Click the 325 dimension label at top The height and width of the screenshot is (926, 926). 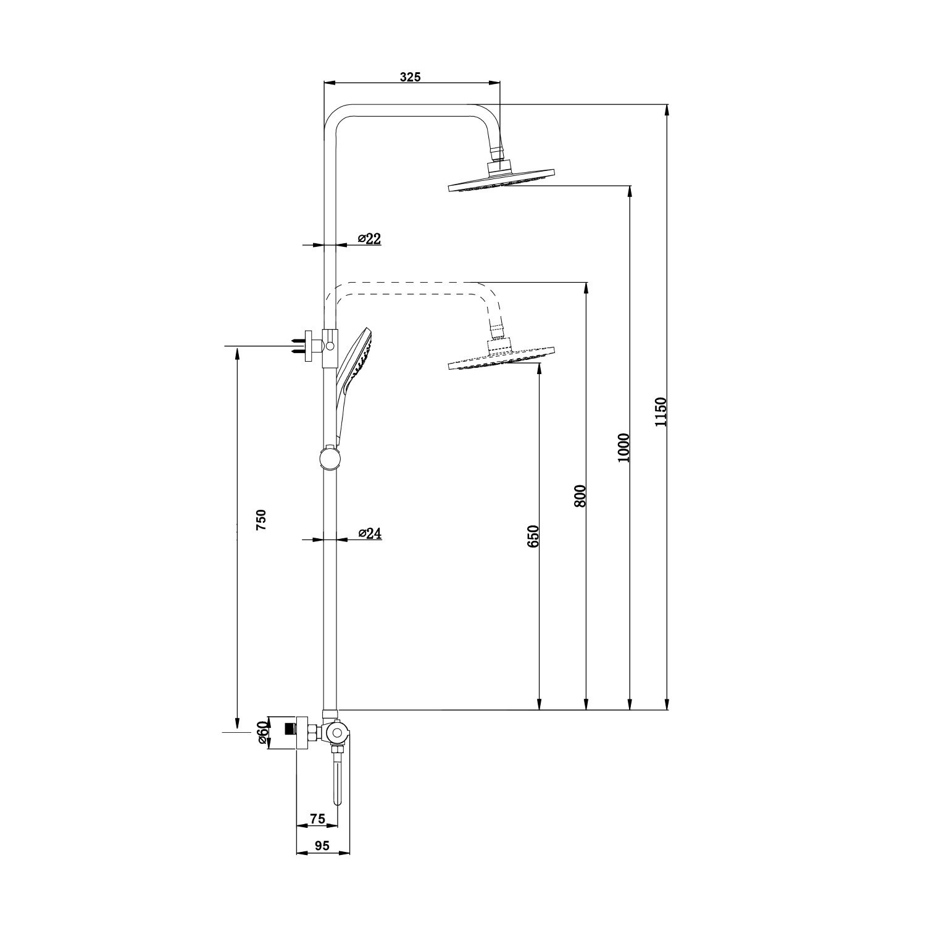pyautogui.click(x=410, y=77)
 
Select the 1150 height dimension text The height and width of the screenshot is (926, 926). pyautogui.click(x=661, y=412)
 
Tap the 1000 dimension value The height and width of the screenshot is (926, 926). pyautogui.click(x=624, y=448)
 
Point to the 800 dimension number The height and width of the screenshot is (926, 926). pyautogui.click(x=580, y=496)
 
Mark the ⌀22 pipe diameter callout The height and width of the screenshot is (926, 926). pyautogui.click(x=369, y=239)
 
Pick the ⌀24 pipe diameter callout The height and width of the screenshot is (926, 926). pyautogui.click(x=369, y=533)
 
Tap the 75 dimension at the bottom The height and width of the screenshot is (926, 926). pyautogui.click(x=317, y=819)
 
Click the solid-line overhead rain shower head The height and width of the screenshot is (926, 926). pyautogui.click(x=501, y=182)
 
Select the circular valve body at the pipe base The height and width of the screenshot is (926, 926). pyautogui.click(x=336, y=733)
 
